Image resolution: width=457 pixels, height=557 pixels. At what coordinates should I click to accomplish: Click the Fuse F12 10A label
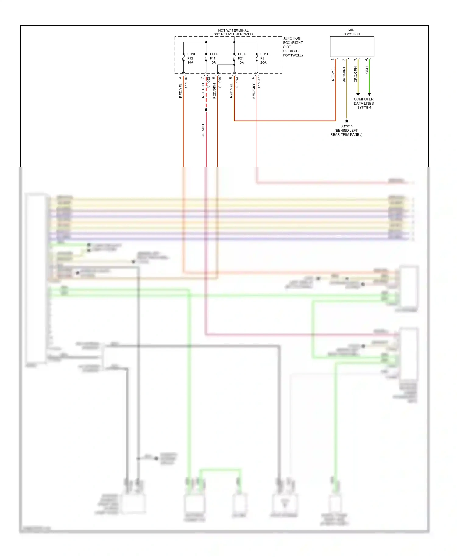tap(191, 58)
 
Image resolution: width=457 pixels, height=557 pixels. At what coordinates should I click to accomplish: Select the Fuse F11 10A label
tap(214, 58)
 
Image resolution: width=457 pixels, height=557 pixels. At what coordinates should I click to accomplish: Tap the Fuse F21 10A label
tap(242, 58)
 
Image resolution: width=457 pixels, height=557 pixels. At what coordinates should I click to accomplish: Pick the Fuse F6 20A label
tap(264, 58)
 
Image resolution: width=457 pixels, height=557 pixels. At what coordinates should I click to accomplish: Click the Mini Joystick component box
tap(352, 47)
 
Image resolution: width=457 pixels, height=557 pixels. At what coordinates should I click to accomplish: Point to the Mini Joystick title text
tap(352, 32)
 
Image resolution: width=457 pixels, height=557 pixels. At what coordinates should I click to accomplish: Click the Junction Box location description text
tap(292, 47)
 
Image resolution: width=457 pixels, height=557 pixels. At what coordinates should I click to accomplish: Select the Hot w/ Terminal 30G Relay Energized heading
tap(233, 32)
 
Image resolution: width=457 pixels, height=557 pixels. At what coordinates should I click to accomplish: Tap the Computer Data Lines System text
tap(363, 103)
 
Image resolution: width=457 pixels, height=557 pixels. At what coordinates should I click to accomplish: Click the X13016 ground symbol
tap(346, 121)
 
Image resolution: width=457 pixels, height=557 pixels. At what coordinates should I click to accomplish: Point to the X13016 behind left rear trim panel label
tap(346, 130)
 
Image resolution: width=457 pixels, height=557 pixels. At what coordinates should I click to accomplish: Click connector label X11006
tap(186, 83)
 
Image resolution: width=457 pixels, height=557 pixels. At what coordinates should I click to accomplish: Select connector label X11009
tap(220, 83)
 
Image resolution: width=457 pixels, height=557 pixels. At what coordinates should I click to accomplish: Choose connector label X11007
tap(259, 83)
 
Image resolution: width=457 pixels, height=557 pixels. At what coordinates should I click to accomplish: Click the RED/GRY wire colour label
tap(254, 91)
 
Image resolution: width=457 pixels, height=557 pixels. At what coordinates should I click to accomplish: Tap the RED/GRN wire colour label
tap(214, 91)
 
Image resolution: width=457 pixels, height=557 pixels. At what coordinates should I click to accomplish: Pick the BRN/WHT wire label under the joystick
tap(344, 75)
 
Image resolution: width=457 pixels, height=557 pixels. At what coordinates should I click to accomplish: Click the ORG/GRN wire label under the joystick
tap(355, 75)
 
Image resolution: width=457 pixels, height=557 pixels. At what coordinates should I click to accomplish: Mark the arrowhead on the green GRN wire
tap(369, 94)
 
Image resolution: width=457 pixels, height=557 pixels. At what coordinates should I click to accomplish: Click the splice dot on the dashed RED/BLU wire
tap(206, 110)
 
